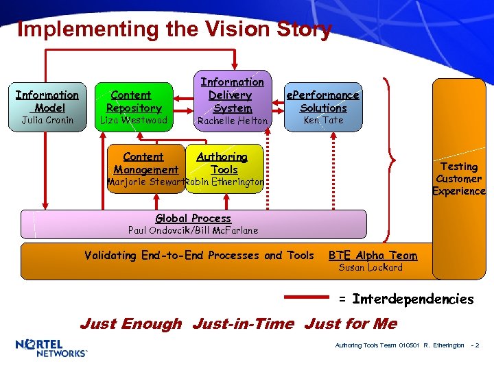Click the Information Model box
[47, 101]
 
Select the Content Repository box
[134, 101]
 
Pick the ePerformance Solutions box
[323, 101]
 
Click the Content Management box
[145, 163]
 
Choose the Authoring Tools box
[224, 163]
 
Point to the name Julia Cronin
[47, 121]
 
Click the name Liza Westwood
[134, 121]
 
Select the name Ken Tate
[323, 121]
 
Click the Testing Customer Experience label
[458, 179]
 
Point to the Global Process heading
[193, 219]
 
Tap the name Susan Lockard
[370, 268]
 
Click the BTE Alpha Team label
[373, 256]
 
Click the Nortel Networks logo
[51, 348]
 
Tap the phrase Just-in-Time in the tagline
[243, 323]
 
